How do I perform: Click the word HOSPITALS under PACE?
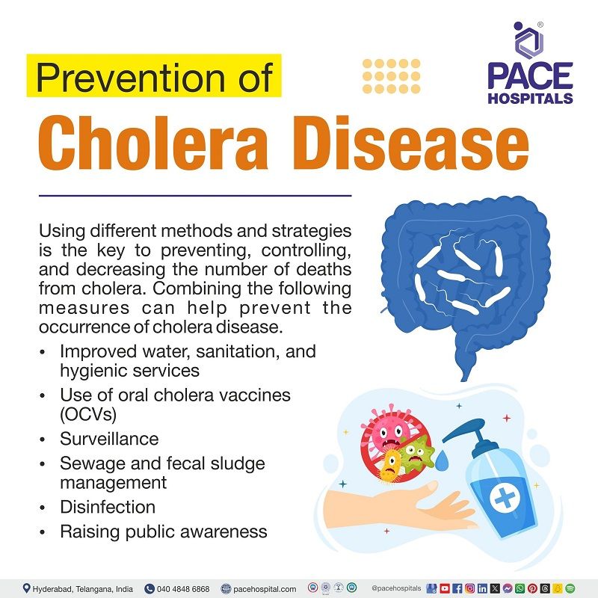click(x=531, y=98)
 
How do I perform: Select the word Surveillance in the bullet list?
click(x=109, y=439)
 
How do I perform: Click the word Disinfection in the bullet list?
click(x=108, y=507)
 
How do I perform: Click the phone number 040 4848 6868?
click(x=182, y=589)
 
